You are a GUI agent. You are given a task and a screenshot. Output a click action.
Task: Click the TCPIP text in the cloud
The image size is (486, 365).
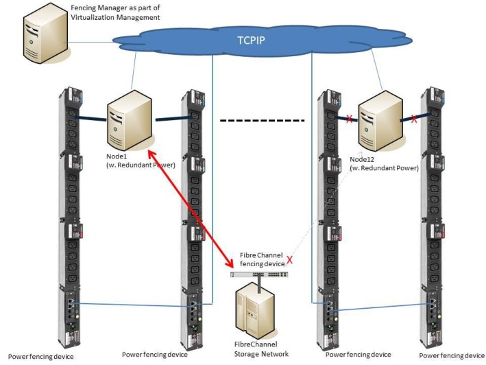point(252,40)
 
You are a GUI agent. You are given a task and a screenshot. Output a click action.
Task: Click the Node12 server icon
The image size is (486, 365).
point(380,122)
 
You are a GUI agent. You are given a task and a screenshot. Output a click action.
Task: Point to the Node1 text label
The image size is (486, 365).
point(118,157)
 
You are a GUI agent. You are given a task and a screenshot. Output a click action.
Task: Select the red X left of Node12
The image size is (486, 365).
point(349,119)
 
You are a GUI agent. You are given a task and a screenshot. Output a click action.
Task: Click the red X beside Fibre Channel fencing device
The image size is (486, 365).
point(290,261)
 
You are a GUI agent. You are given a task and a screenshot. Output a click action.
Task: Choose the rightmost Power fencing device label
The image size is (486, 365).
point(452,355)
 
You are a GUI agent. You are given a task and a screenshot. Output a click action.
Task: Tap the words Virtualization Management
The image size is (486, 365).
point(115,17)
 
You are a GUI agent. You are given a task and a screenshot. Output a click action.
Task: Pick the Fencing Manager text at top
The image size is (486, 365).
point(96,8)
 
